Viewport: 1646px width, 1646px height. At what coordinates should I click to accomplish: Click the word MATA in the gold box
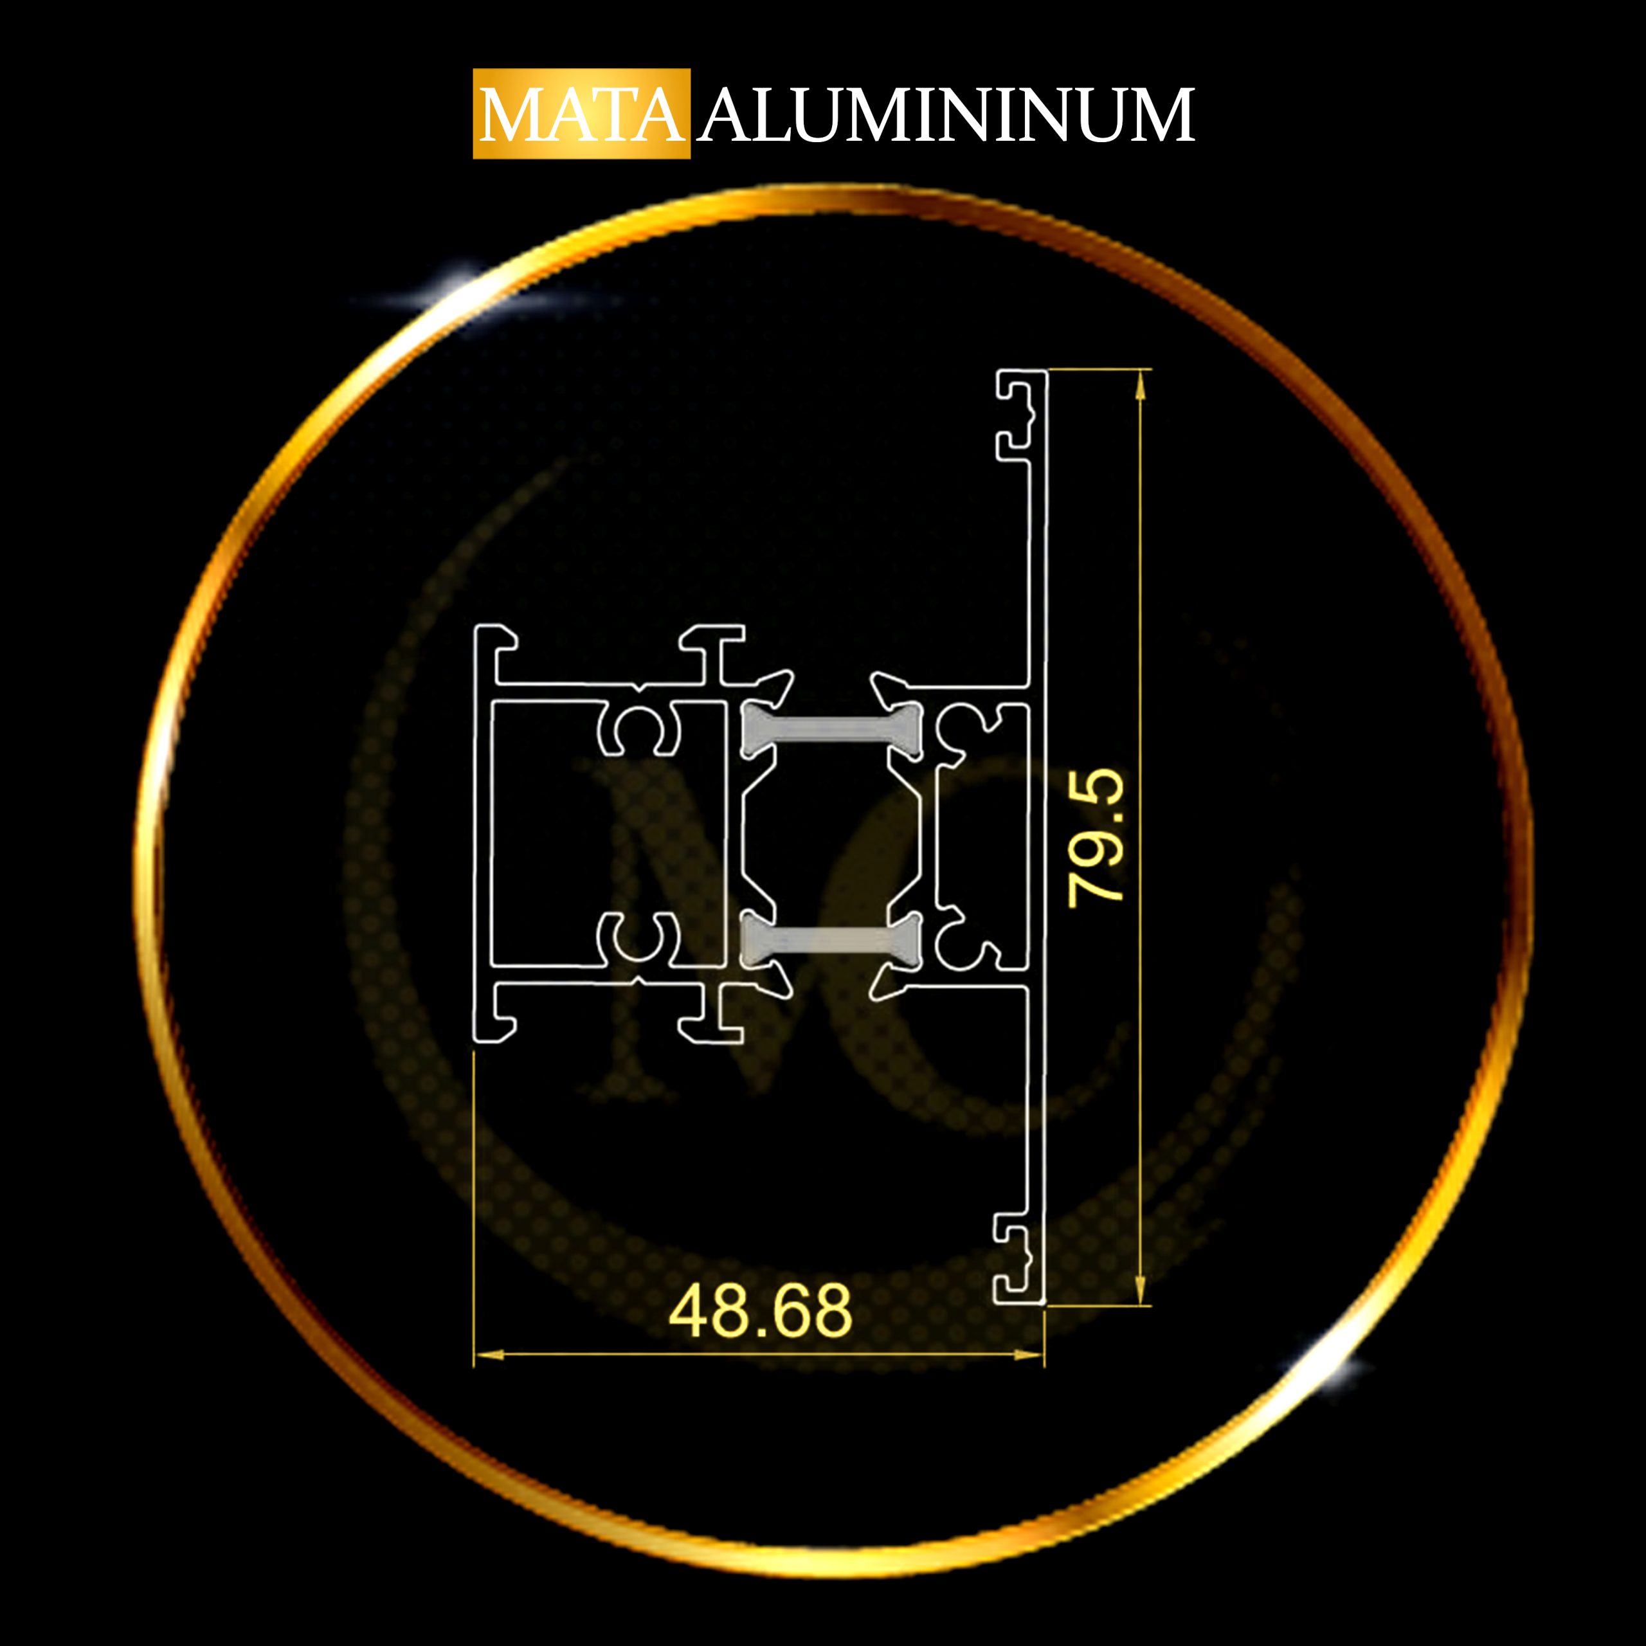pyautogui.click(x=582, y=115)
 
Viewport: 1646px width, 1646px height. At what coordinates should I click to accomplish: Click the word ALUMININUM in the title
pyautogui.click(x=946, y=115)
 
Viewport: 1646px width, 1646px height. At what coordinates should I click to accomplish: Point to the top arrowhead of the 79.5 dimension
pyautogui.click(x=1141, y=388)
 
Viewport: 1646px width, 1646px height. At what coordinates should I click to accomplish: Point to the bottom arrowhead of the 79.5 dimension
pyautogui.click(x=1141, y=1288)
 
